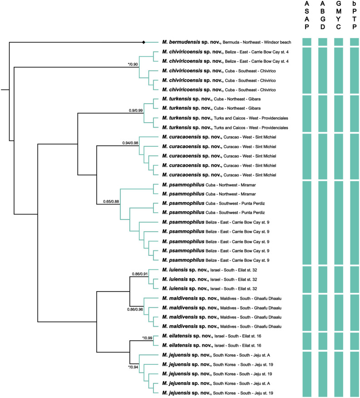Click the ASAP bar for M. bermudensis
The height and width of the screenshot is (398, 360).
(x=307, y=42)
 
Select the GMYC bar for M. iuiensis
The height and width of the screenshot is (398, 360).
(x=338, y=279)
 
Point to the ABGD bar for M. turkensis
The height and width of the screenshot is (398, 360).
(x=323, y=113)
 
